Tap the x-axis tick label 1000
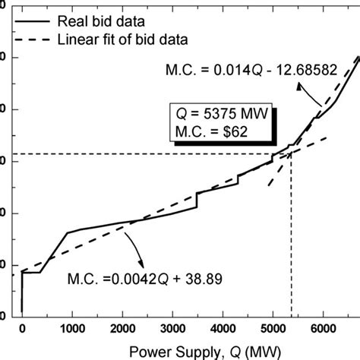(x=72, y=327)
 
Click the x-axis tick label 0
(x=22, y=327)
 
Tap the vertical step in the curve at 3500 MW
(x=197, y=199)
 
